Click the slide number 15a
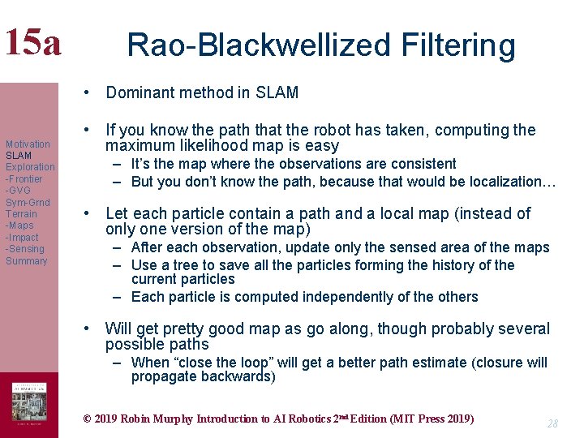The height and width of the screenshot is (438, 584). [32, 42]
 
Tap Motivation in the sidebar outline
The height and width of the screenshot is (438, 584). [28, 144]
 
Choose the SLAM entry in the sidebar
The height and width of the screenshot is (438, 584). [19, 155]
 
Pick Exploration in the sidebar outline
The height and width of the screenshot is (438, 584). [30, 167]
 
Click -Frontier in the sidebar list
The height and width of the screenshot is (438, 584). [24, 178]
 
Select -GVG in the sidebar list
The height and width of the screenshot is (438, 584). [19, 191]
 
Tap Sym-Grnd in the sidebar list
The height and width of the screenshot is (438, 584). [28, 202]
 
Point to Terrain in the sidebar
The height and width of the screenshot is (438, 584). [21, 214]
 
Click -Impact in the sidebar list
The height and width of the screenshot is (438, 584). [22, 238]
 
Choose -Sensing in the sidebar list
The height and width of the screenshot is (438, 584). [25, 249]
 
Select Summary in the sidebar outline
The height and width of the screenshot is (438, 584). [27, 261]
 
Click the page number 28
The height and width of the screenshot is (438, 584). [552, 423]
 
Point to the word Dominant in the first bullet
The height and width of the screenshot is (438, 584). [140, 92]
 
